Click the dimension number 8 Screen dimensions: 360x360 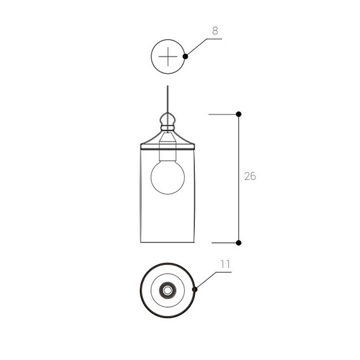pos(215,31)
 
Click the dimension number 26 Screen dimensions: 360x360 pos(250,176)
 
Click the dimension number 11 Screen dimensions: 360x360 pos(225,264)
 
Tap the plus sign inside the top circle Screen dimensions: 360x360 pos(168,56)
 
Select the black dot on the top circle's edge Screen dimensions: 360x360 pos(185,56)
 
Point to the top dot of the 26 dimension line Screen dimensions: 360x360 pos(239,114)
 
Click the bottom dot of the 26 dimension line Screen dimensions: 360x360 pos(239,242)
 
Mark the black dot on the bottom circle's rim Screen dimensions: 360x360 pos(194,290)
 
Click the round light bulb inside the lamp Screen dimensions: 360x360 pos(167,177)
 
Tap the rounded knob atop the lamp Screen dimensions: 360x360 pos(167,119)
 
